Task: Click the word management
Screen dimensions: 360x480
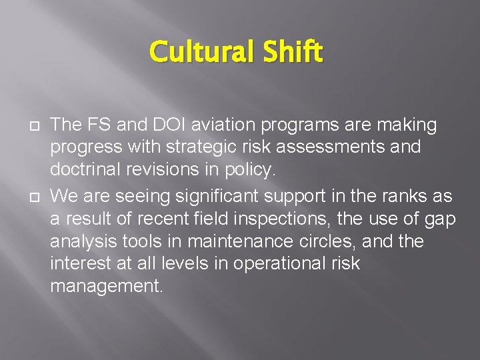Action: pos(106,287)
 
